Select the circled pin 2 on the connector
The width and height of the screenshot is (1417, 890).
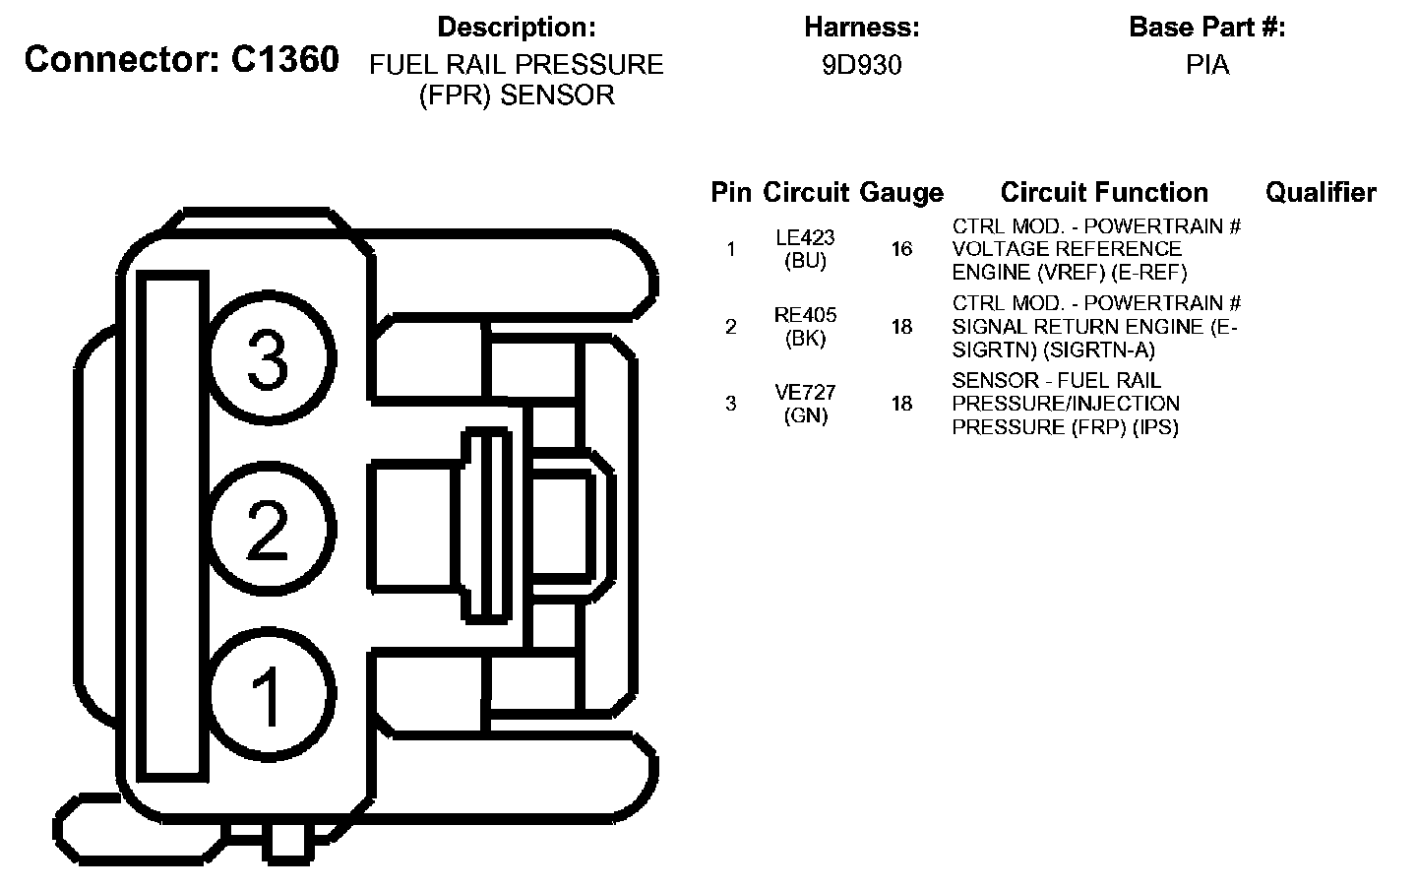272,529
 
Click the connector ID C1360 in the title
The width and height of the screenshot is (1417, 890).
285,59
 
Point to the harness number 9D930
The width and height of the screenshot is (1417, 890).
862,65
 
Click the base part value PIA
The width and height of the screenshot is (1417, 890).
1207,65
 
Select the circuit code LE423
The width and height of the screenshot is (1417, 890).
805,237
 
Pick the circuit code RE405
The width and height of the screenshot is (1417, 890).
805,315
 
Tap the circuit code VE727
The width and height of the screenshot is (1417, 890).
805,393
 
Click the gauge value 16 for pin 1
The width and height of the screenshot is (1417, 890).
902,249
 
